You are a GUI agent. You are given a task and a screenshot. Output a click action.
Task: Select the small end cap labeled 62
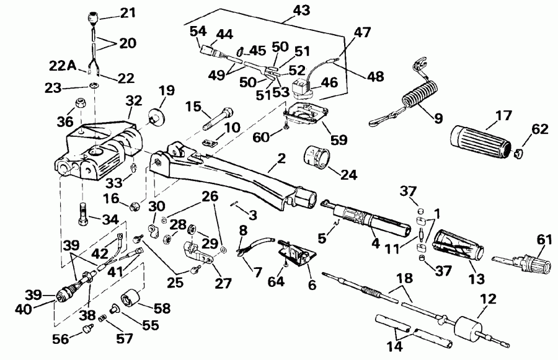[520, 149]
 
